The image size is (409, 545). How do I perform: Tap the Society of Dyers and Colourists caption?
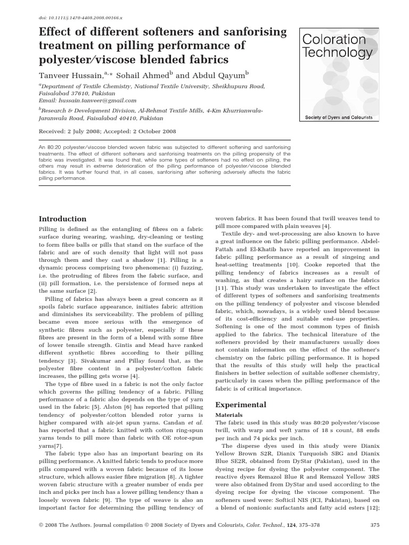coord(338,117)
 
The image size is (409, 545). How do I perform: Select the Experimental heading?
coord(240,404)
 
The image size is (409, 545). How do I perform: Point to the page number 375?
coord(374,526)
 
